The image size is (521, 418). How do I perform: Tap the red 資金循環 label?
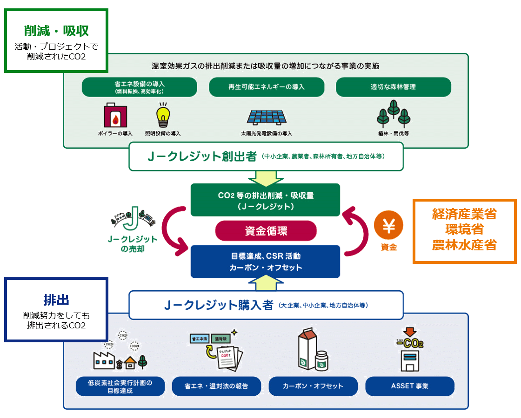[266, 230]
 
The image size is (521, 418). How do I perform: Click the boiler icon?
[115, 116]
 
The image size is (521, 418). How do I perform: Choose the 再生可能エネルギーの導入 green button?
[266, 87]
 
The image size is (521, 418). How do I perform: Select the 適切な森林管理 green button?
[393, 87]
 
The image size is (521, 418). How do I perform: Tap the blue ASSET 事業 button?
[409, 386]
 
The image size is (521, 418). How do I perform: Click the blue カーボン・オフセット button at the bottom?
[313, 386]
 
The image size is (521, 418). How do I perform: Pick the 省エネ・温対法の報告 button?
[216, 386]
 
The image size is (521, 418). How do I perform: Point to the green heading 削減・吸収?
[56, 31]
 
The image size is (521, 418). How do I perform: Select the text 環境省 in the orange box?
[464, 229]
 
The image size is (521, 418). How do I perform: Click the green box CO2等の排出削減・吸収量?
[266, 200]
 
